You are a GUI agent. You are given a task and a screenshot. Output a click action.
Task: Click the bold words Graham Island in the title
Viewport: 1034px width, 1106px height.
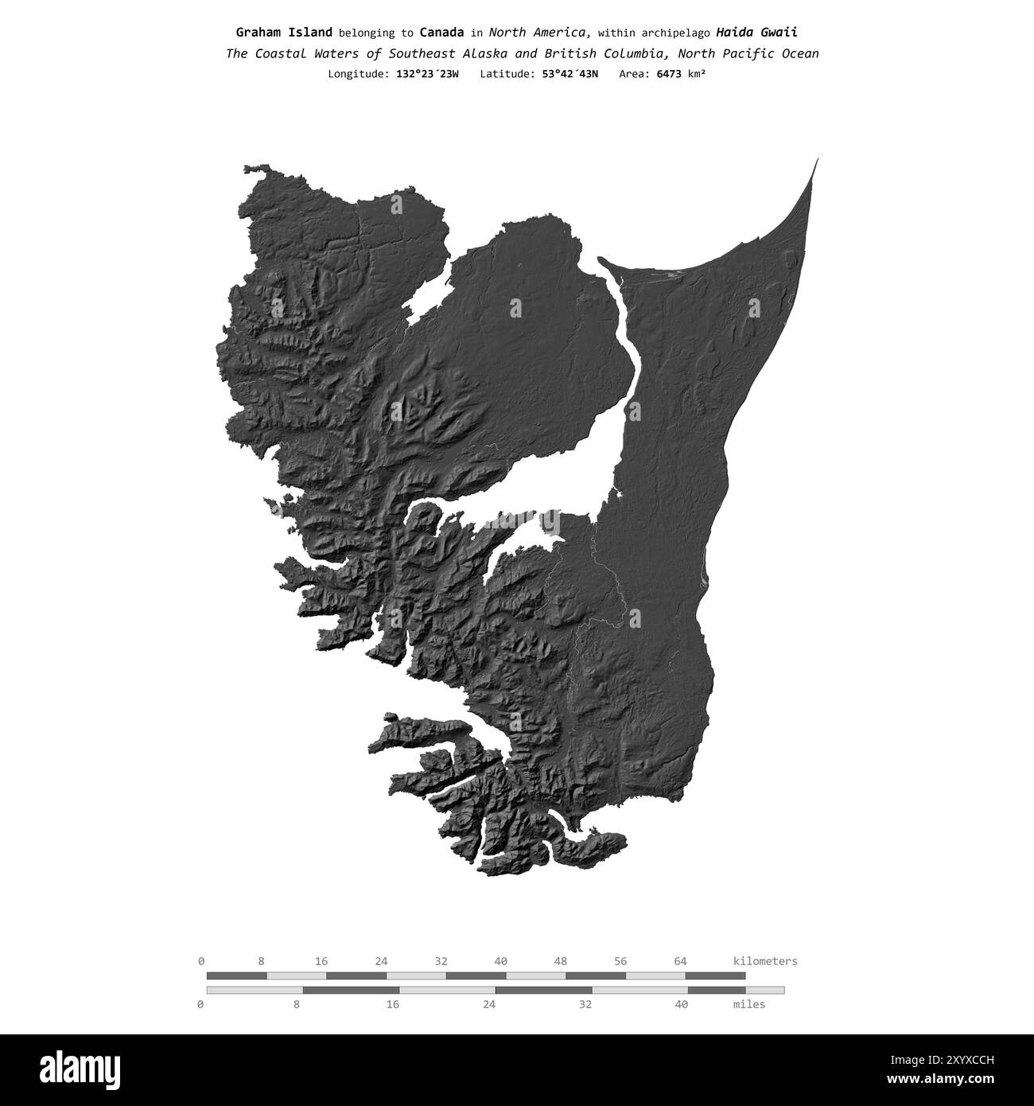[284, 33]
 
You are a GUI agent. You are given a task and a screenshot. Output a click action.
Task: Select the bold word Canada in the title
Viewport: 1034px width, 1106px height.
[441, 33]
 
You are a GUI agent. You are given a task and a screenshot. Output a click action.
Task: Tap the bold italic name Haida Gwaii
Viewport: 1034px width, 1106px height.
[756, 33]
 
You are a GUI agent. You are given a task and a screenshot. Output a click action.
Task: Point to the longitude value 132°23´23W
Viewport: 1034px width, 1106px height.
[427, 74]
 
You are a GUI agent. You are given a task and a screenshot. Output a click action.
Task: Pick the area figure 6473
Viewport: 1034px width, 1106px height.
[669, 74]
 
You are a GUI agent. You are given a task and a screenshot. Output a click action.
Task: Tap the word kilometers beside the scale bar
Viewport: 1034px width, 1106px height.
[764, 961]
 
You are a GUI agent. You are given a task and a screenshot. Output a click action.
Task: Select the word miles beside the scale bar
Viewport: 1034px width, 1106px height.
[748, 1004]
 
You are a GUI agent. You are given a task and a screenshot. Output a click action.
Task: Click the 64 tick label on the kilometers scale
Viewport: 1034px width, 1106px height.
[680, 961]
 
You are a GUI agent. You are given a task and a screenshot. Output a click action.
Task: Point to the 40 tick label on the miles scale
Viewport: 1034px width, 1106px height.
[681, 1004]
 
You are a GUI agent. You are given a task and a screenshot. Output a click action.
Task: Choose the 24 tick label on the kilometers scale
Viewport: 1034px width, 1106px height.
[381, 961]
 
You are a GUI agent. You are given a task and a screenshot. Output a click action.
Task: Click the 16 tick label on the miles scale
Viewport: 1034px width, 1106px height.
[392, 1004]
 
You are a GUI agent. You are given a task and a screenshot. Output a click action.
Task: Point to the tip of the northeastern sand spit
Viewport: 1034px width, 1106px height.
[817, 160]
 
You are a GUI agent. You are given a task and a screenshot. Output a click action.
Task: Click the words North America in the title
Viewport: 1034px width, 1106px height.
[538, 33]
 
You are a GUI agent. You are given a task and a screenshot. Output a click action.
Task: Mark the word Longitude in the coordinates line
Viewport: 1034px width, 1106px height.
[358, 74]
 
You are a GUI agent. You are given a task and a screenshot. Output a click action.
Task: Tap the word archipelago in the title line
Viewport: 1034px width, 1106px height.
[678, 33]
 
